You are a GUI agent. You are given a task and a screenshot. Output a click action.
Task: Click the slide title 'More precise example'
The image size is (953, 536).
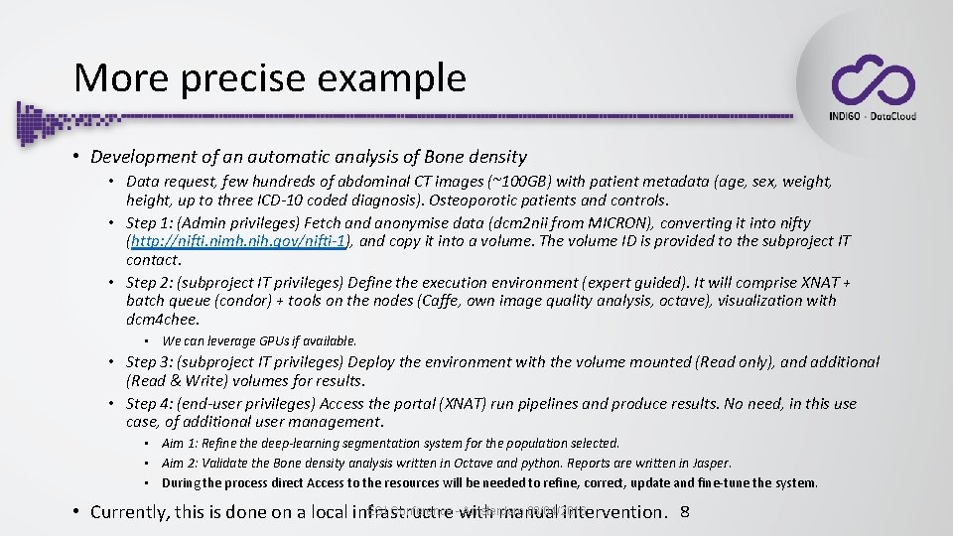click(269, 78)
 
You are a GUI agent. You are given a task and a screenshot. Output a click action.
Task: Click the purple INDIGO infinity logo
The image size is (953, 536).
click(872, 80)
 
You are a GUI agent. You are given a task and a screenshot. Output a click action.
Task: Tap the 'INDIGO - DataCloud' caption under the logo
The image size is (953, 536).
click(872, 116)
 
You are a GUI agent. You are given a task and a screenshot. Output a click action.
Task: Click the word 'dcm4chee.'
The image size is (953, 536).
click(163, 320)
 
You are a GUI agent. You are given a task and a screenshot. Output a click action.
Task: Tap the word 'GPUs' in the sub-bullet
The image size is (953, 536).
click(269, 340)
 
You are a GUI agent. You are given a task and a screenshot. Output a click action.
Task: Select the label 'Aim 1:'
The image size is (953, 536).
click(181, 444)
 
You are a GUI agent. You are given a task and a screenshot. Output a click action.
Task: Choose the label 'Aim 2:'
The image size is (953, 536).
click(181, 464)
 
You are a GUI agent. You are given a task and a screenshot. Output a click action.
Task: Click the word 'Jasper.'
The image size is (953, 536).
click(710, 464)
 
